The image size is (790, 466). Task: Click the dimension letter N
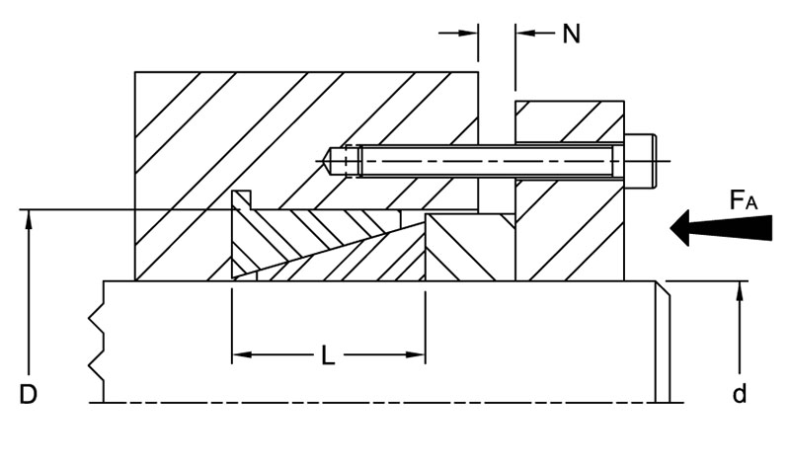[571, 34]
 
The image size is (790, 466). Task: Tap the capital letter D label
[29, 395]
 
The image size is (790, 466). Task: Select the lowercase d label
[739, 395]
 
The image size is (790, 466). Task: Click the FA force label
[743, 200]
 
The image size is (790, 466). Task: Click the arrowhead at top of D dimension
[31, 218]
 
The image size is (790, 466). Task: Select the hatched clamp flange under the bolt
[571, 237]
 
